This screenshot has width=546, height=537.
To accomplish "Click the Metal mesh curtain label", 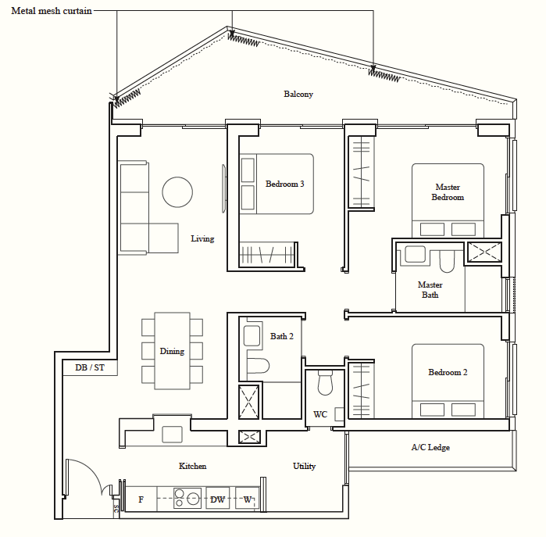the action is click(x=52, y=11).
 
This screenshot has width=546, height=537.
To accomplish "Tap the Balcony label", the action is click(x=298, y=94).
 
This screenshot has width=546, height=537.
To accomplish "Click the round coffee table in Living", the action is click(x=177, y=192).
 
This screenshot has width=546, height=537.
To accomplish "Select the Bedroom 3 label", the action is click(x=284, y=184).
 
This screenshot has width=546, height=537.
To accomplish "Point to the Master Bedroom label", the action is click(x=448, y=192).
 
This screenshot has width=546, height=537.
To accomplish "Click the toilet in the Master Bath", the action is click(x=447, y=262).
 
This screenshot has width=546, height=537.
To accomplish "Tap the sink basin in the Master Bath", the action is click(x=415, y=254).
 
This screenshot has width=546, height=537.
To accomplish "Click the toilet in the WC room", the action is click(x=325, y=382).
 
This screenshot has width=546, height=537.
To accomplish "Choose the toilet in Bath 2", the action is click(x=258, y=366).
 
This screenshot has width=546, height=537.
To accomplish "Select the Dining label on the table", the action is click(x=172, y=351).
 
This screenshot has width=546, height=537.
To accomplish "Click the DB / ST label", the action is click(x=90, y=367).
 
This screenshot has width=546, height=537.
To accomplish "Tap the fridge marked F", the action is click(x=141, y=499).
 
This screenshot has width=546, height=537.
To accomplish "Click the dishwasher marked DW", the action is click(x=218, y=499).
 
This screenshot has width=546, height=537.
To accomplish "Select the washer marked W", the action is click(x=247, y=499).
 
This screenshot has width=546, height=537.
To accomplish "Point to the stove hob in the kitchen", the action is click(x=187, y=498).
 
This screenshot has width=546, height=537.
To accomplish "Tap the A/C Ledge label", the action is click(x=430, y=447).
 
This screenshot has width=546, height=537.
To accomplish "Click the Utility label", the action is click(x=304, y=466).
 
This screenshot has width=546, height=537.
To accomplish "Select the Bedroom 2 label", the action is click(x=448, y=372).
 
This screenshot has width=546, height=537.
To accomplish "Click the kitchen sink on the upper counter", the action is click(x=172, y=435).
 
